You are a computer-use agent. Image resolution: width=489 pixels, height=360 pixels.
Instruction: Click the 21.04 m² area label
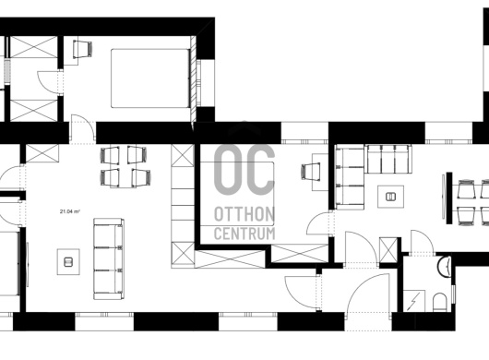pos(70,211)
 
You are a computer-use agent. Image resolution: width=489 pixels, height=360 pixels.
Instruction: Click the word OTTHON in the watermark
pos(244,214)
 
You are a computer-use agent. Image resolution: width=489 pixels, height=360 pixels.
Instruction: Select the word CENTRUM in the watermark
pos(244,234)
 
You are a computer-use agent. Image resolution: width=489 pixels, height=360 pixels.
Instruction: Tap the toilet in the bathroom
pos(440,302)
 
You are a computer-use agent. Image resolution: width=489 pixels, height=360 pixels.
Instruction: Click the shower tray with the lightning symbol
pos(414,301)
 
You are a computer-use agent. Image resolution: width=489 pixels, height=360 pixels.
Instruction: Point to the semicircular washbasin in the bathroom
pos(444,266)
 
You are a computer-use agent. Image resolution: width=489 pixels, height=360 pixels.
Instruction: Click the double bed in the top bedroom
pos(151,78)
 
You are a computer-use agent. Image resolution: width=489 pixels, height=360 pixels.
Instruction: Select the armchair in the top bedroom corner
pos(83,49)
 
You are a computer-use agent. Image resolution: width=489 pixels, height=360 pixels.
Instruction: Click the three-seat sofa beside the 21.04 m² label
pos(109,259)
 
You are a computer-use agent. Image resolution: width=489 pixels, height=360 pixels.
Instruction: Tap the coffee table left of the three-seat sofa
pos(68,262)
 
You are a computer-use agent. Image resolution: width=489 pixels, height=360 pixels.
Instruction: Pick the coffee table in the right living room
pos(391,197)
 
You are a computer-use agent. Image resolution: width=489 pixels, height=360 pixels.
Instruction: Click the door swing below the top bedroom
pos(83,129)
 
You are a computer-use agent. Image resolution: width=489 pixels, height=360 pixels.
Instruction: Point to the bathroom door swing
pos(422,243)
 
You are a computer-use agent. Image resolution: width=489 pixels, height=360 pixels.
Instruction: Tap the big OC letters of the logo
pos(244,170)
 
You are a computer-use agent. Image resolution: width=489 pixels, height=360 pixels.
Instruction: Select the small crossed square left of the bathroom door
pos(388,250)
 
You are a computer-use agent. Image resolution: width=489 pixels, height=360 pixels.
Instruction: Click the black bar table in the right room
pos(449,198)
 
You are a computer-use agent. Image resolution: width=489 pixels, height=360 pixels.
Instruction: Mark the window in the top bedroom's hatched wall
pos(199,83)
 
